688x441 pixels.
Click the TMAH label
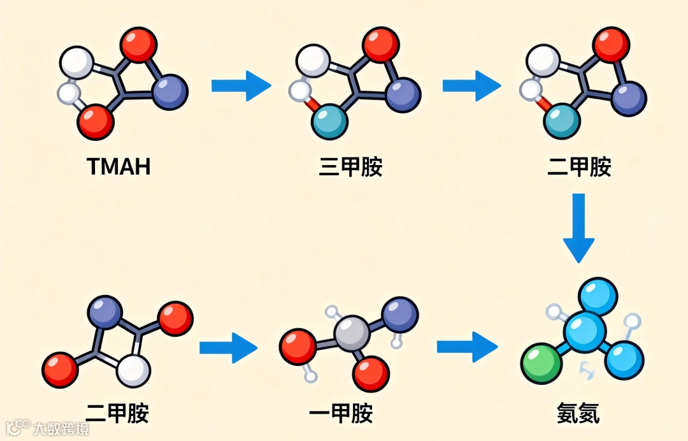[x=118, y=167]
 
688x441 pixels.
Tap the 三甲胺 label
[x=350, y=167]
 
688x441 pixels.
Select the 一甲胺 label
[x=340, y=415]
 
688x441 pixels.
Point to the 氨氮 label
[x=577, y=415]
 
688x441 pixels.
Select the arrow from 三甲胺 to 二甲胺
[x=471, y=85]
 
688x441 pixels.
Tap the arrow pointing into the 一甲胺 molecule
[x=227, y=347]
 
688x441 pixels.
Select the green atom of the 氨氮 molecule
[x=541, y=364]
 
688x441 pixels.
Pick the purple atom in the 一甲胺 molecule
[x=399, y=315]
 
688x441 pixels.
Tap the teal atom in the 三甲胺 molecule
[x=329, y=122]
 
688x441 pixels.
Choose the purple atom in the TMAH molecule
[x=170, y=92]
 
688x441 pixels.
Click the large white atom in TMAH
[x=76, y=62]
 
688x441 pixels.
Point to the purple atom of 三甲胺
[x=403, y=95]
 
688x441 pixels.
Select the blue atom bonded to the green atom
[x=584, y=331]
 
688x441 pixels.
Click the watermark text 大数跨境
[x=61, y=428]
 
